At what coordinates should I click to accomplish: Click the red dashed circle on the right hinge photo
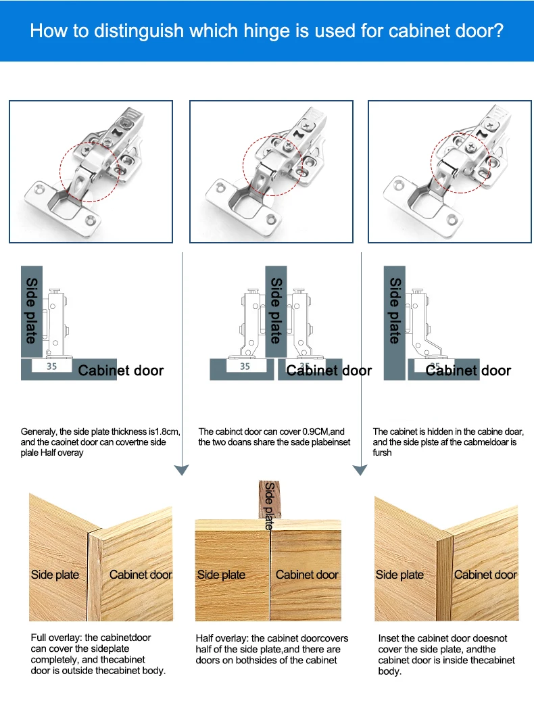[461, 160]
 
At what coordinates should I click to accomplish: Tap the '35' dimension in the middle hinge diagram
[245, 366]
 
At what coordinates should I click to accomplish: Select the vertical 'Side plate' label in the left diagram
[32, 310]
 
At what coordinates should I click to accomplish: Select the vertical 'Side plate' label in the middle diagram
[276, 310]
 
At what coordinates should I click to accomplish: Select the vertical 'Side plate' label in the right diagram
[395, 310]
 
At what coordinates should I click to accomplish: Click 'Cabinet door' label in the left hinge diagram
[120, 371]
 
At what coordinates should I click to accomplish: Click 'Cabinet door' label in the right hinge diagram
[468, 371]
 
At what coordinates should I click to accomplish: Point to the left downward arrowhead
[182, 470]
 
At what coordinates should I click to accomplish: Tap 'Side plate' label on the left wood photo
[55, 575]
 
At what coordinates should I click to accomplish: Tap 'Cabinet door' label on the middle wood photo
[307, 575]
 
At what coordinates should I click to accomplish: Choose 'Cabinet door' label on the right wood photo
[485, 575]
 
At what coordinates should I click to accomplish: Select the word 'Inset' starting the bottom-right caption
[389, 638]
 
